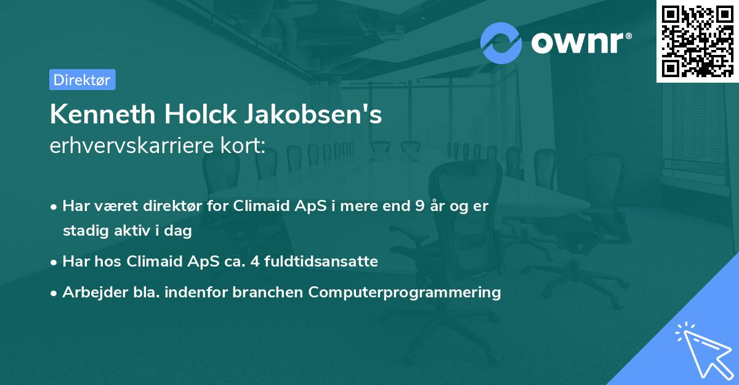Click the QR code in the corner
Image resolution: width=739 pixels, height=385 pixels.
click(x=697, y=41)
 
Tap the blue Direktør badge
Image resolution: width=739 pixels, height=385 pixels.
click(x=82, y=80)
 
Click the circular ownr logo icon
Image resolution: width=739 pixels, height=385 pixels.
click(x=501, y=42)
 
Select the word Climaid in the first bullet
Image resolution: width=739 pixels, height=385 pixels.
click(x=257, y=206)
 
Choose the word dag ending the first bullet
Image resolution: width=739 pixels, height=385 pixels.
click(x=180, y=232)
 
